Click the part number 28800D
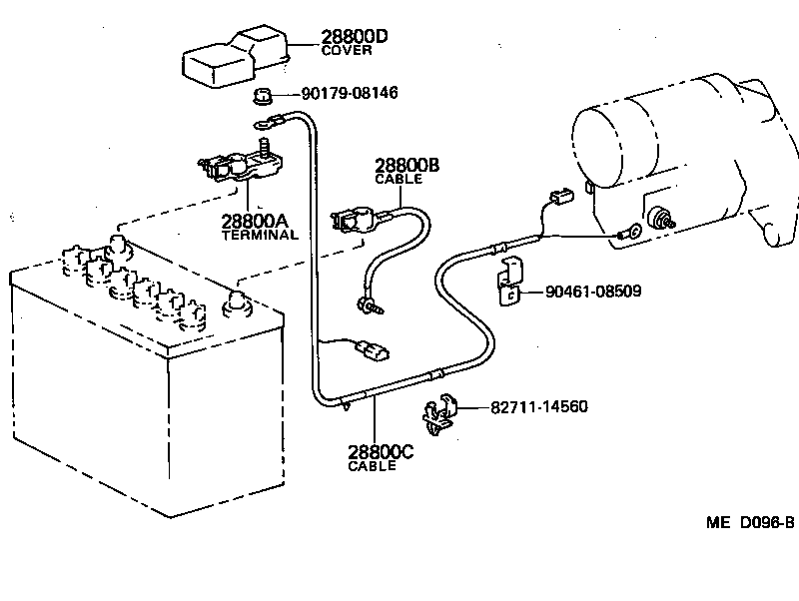(354, 38)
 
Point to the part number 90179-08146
(349, 93)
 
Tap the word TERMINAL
(259, 236)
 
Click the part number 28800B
(407, 165)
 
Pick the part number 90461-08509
(593, 292)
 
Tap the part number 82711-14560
(538, 407)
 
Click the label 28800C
(380, 452)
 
